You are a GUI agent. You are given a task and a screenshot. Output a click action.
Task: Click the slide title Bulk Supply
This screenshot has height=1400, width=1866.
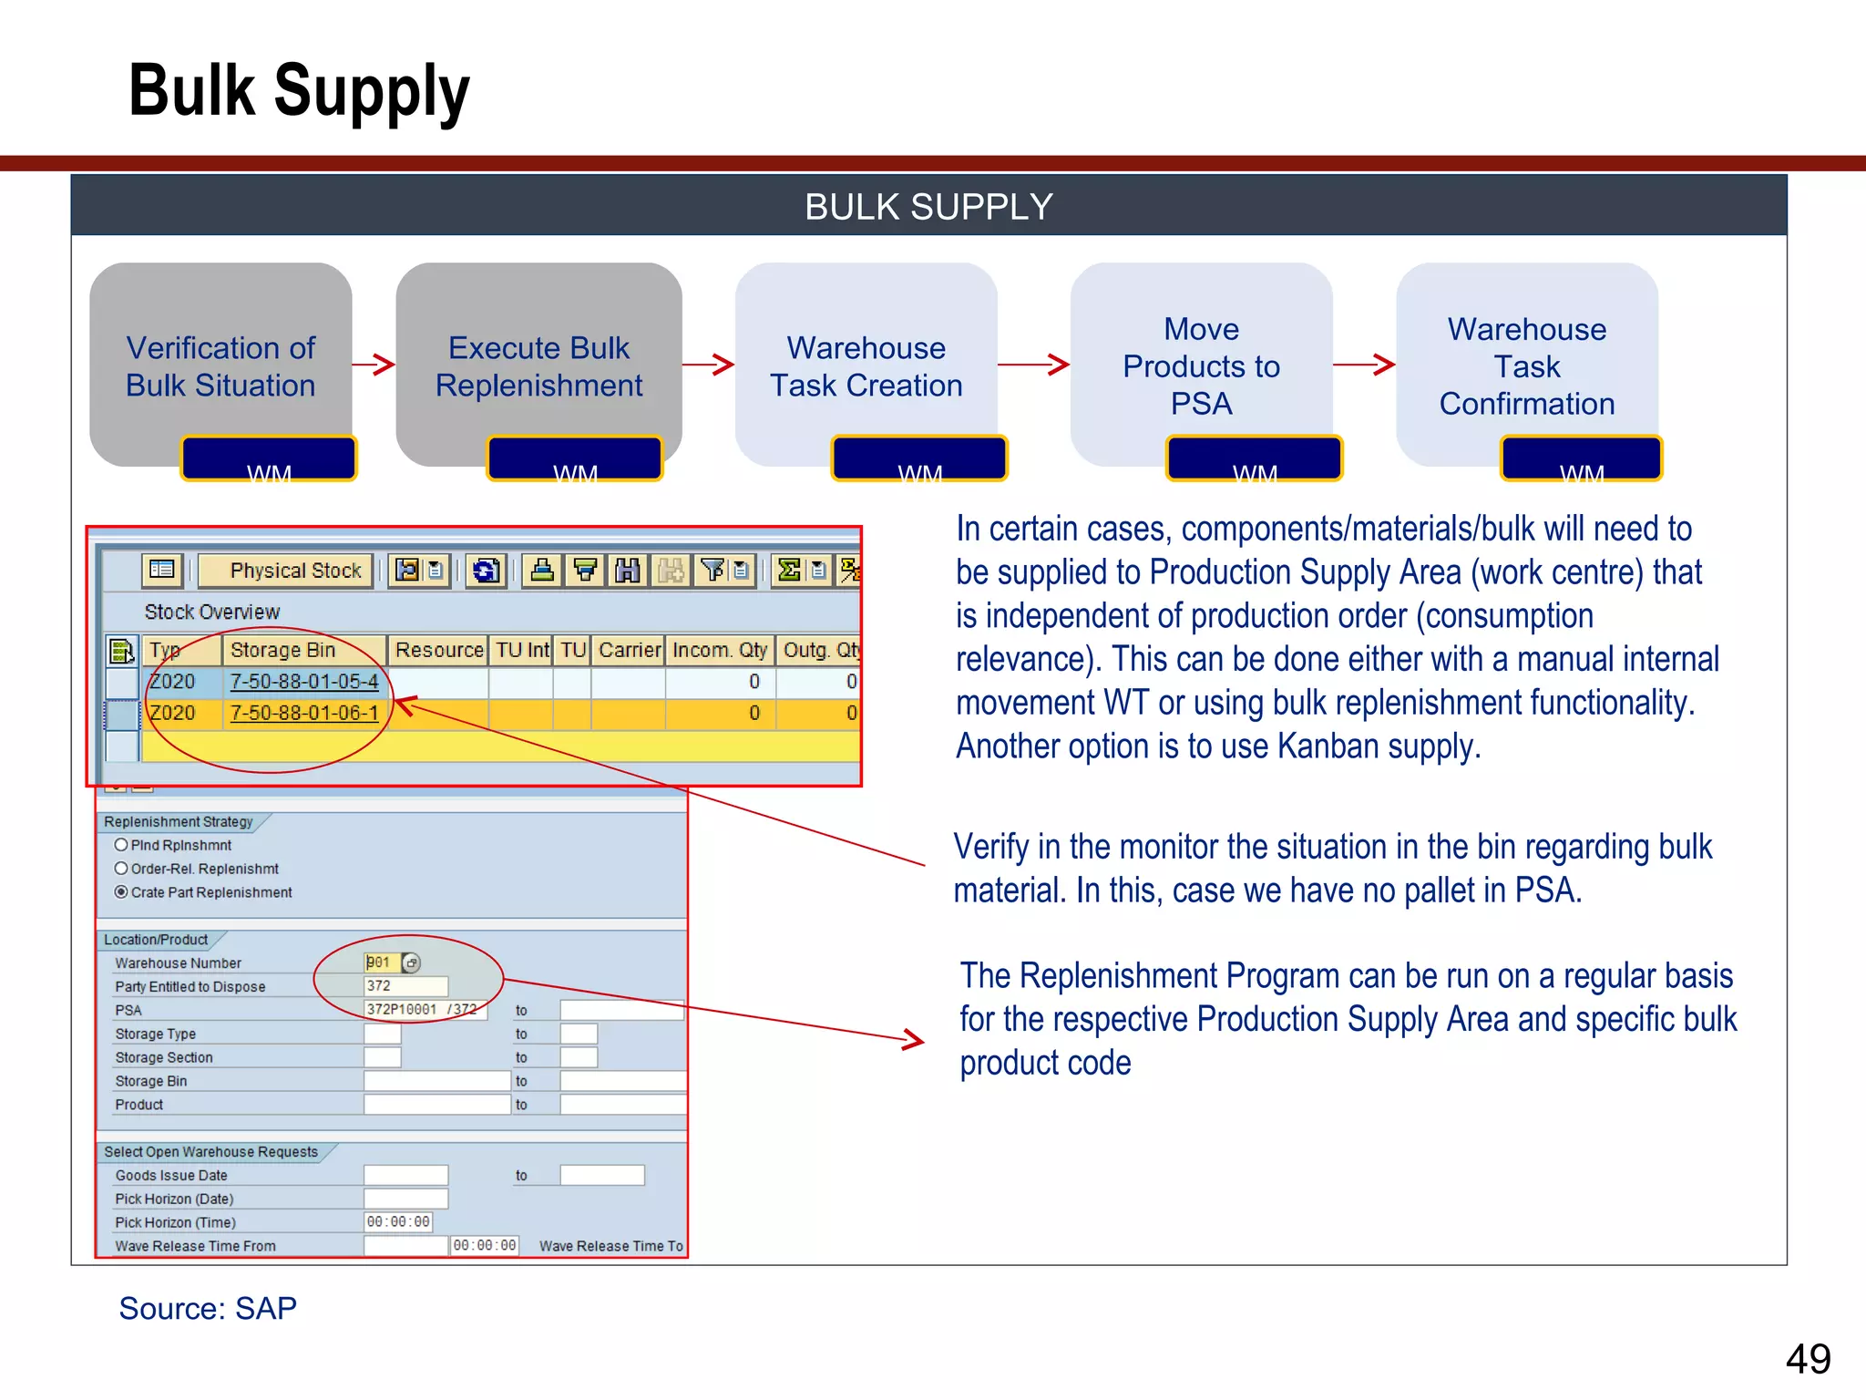click(299, 91)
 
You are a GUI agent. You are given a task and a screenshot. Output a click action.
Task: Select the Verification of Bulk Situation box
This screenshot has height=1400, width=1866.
click(220, 365)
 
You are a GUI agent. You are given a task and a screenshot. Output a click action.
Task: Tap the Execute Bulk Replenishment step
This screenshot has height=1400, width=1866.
click(538, 365)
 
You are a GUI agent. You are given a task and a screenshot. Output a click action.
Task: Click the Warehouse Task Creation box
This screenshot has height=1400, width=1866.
click(866, 365)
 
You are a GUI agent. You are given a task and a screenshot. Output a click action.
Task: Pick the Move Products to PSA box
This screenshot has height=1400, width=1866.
click(1201, 365)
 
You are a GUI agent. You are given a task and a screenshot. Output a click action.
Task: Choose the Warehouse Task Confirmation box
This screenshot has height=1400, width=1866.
click(1526, 365)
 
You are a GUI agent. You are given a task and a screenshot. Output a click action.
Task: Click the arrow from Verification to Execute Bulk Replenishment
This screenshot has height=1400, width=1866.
click(374, 365)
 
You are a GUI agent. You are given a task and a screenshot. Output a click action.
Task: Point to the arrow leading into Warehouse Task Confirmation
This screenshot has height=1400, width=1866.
click(1364, 365)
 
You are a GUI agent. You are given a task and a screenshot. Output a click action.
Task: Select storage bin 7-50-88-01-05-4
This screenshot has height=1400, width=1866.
click(304, 682)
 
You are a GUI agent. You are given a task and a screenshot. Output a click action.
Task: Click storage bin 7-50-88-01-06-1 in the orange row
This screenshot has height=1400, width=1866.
click(304, 713)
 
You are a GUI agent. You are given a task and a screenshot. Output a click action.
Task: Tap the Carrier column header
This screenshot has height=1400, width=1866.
click(629, 650)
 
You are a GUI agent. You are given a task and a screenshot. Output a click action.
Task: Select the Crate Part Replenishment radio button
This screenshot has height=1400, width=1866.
click(121, 892)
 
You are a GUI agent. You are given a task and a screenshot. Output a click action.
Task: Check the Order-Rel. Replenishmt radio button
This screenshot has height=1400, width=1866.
click(121, 869)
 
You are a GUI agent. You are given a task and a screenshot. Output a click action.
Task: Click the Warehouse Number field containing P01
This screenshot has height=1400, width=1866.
click(381, 962)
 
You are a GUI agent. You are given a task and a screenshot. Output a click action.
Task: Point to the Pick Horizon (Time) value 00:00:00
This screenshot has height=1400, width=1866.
click(398, 1222)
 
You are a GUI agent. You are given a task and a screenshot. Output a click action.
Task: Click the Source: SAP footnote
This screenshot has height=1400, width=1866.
click(208, 1309)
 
